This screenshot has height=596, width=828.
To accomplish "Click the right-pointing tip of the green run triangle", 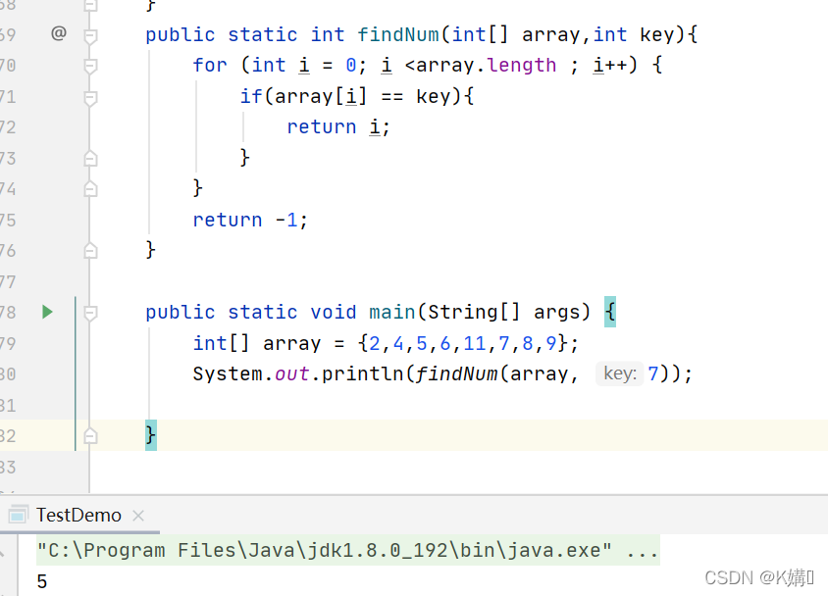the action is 53,313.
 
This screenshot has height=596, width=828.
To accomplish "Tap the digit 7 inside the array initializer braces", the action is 504,343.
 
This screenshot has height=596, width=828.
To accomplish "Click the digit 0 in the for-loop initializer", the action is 350,66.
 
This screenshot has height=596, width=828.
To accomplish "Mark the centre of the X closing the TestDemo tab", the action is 138,516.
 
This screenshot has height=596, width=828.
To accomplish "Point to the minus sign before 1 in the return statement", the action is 281,220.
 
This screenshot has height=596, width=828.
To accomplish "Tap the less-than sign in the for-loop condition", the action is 410,66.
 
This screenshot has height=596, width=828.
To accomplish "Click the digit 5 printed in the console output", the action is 42,581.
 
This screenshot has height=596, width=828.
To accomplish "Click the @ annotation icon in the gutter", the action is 59,33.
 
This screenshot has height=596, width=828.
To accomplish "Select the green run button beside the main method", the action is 47,313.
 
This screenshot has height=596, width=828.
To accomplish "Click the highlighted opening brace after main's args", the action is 610,312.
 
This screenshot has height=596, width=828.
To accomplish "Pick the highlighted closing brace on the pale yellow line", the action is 151,435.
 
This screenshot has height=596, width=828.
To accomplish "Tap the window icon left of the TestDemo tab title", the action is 18,515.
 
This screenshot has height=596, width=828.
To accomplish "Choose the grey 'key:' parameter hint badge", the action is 619,373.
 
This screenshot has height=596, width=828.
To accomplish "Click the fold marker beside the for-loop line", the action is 90,66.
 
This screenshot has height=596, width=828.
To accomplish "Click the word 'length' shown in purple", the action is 521,66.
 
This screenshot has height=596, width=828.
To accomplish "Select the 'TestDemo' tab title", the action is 78,515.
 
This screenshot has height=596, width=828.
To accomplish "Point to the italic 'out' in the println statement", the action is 291,373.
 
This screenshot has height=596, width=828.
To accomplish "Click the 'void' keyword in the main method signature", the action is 333,312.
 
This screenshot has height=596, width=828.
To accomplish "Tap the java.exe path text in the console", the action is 348,550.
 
